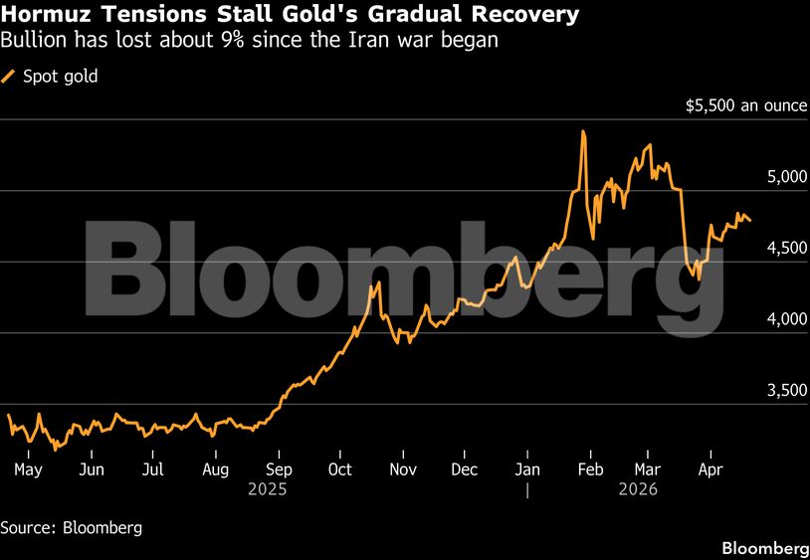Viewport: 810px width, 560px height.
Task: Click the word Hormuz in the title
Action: (41, 16)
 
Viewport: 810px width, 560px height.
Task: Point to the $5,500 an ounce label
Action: (745, 105)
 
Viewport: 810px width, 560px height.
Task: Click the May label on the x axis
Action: (28, 469)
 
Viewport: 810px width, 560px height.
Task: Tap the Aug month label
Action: (216, 469)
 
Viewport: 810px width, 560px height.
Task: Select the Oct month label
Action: (340, 469)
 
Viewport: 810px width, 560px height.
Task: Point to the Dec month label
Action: (464, 469)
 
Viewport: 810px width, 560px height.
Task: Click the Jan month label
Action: (528, 469)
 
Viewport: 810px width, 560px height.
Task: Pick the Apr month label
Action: (710, 469)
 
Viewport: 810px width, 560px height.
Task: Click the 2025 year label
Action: (270, 489)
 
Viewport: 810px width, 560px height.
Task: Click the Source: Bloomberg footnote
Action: (71, 527)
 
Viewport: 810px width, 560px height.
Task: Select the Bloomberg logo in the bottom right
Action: (764, 548)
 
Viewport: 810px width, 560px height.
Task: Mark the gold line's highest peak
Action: (583, 131)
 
